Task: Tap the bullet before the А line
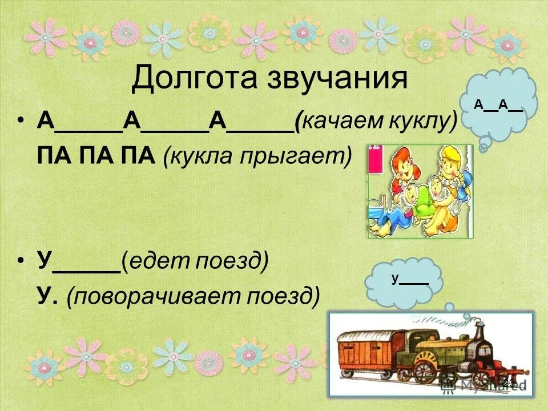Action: point(21,122)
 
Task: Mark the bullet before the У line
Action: point(21,263)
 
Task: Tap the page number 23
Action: point(508,382)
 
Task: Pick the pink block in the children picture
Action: point(377,166)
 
